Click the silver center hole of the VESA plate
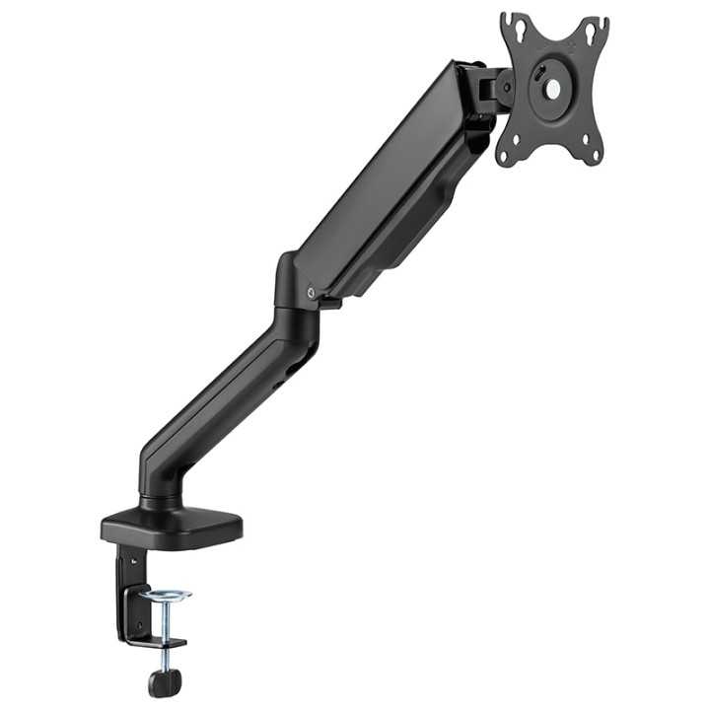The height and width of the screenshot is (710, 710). [552, 89]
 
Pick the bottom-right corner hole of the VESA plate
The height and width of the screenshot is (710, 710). [591, 151]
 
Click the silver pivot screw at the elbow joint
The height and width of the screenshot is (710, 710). [312, 291]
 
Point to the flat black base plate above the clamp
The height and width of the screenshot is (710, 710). [172, 528]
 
